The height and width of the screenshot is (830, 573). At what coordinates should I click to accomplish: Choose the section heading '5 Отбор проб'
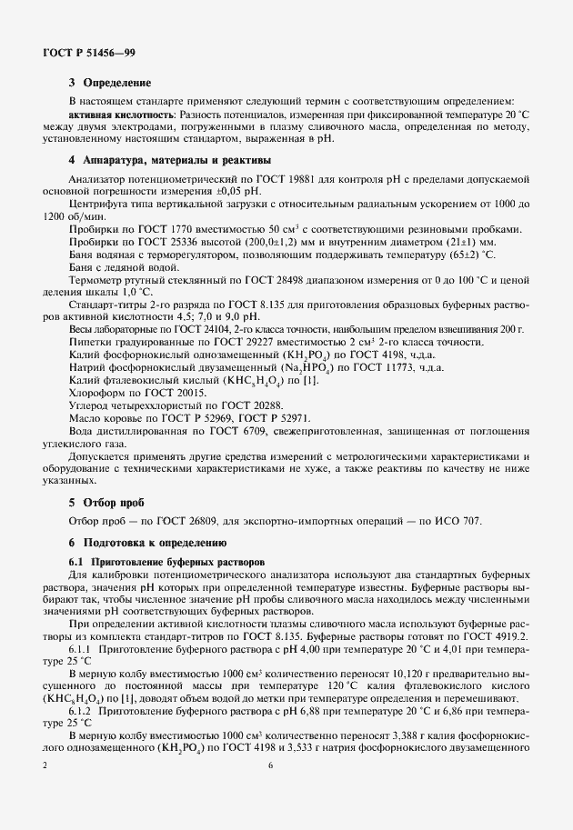106,501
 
